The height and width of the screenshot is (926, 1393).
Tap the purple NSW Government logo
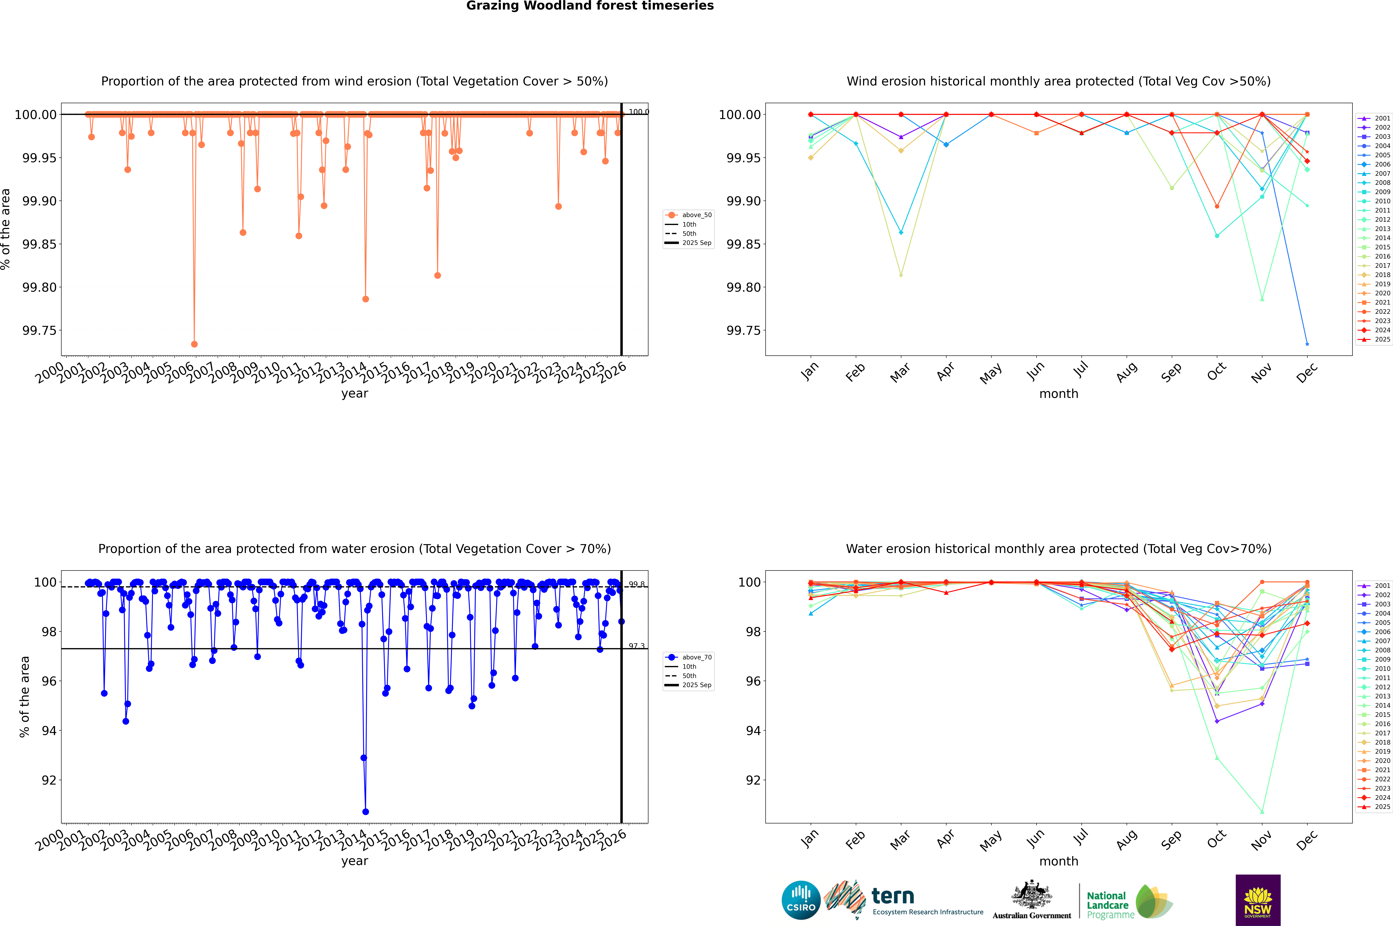tap(1258, 900)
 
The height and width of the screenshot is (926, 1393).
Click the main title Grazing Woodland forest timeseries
tap(590, 6)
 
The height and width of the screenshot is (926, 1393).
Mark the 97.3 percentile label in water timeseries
tap(637, 646)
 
